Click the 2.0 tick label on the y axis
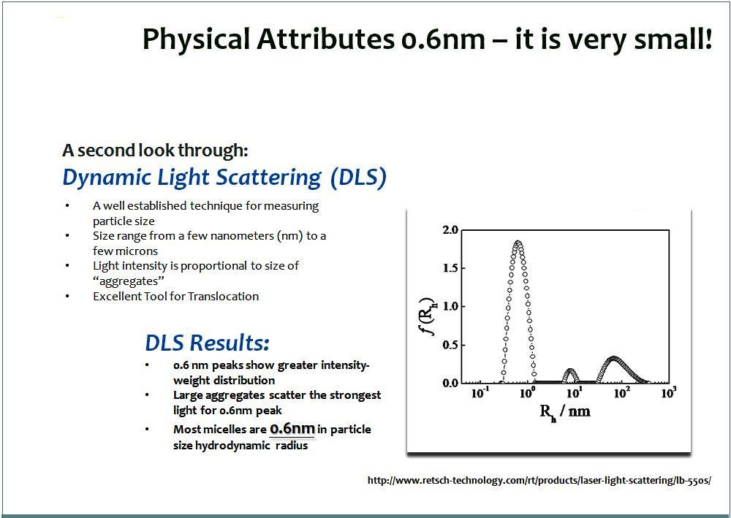[x=450, y=229]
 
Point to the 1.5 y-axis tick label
[x=450, y=268]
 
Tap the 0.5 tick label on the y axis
[x=450, y=345]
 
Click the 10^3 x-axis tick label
[x=669, y=393]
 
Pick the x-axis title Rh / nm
[x=564, y=411]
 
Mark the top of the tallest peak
[x=518, y=243]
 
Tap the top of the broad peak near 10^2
[x=614, y=359]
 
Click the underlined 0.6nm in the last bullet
[x=292, y=429]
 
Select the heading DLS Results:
[x=207, y=343]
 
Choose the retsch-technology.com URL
[x=539, y=480]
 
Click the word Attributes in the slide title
[x=325, y=39]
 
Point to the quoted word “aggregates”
[x=129, y=281]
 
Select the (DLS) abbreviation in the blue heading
[x=358, y=178]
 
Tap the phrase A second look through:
[x=155, y=151]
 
